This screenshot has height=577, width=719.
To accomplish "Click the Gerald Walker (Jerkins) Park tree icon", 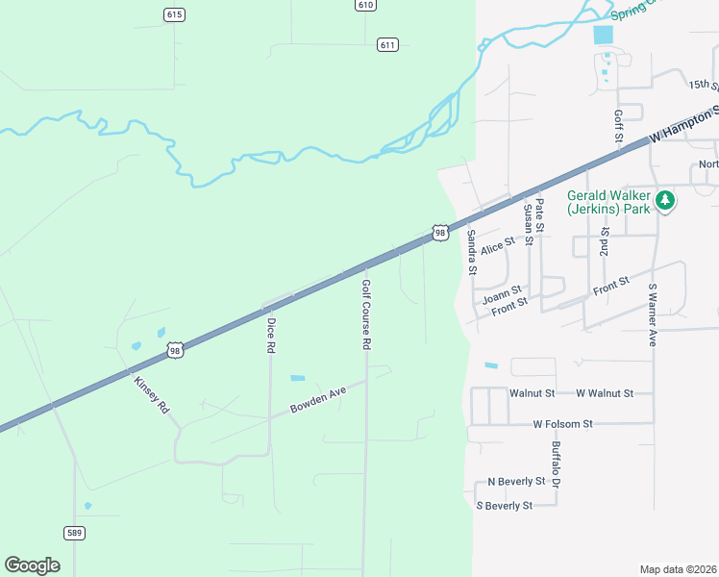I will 665,201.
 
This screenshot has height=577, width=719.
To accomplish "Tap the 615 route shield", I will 174,14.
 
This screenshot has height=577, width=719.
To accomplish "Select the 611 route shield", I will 387,45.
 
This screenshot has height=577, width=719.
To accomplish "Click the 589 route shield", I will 75,532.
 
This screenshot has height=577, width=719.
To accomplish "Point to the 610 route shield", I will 364,5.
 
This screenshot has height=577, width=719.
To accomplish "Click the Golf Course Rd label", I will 366,314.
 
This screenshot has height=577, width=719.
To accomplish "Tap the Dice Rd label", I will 271,337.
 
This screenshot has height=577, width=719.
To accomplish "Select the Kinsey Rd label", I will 153,394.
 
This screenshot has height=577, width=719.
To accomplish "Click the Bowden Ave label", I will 317,401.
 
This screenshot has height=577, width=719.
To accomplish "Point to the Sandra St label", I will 471,252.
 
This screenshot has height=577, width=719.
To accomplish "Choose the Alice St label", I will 499,248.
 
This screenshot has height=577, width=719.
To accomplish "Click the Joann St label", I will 502,289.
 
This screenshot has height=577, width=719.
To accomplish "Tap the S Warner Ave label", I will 652,314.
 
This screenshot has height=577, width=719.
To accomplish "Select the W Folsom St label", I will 563,423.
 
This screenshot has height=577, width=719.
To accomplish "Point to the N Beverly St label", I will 516,481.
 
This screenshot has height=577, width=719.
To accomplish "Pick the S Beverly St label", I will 505,505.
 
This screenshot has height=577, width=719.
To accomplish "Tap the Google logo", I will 32,565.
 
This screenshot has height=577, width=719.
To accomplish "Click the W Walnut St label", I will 605,393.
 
